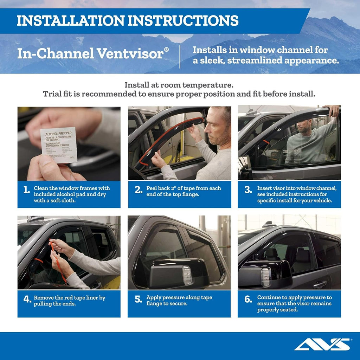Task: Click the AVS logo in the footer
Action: (x=322, y=344)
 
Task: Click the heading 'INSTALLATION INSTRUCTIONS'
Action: (x=128, y=20)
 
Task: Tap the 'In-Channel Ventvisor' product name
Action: (x=90, y=53)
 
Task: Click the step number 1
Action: (x=26, y=190)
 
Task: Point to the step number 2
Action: (x=138, y=190)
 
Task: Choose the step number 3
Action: (x=248, y=190)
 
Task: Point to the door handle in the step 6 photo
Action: (x=320, y=284)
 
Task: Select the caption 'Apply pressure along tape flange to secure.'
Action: (x=179, y=301)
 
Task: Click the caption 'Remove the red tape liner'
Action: (x=69, y=298)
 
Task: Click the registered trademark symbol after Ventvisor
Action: (x=166, y=50)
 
